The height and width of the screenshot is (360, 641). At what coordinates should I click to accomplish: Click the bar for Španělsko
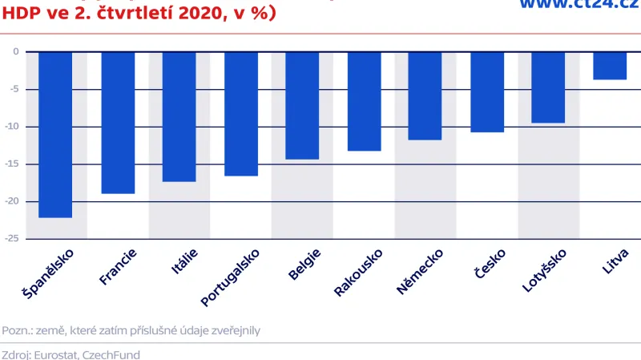pos(55,134)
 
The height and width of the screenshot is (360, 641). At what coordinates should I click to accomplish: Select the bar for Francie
pos(117,122)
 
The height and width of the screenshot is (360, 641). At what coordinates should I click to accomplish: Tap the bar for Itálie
pos(179,116)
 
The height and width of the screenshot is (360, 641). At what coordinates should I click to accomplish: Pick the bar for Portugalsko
pos(240,113)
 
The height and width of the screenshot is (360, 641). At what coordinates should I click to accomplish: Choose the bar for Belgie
pos(302,105)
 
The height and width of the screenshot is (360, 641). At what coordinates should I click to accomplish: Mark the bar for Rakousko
pos(364,101)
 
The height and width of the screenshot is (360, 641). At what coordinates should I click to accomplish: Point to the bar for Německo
pos(425,95)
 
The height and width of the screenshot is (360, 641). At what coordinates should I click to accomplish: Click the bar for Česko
pos(486,91)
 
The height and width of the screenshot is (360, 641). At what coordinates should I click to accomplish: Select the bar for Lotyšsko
pos(548,87)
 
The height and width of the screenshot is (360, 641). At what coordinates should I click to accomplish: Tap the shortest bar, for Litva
pos(610,66)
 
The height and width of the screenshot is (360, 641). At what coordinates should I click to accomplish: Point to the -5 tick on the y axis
pos(14,89)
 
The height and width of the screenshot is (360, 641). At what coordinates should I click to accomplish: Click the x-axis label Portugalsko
pos(231,277)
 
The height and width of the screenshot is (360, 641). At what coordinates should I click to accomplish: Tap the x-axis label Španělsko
pos(49,274)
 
